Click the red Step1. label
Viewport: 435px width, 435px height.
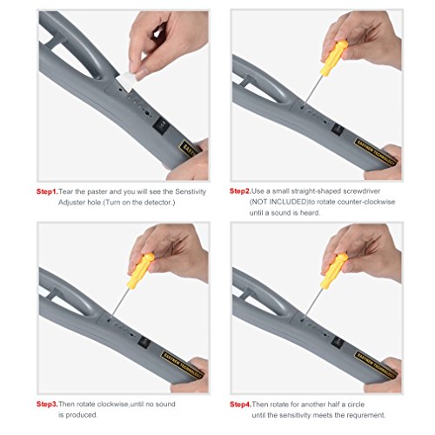pyautogui.click(x=47, y=191)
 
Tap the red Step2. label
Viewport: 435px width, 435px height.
pyautogui.click(x=240, y=191)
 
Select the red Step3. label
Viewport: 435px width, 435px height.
pyautogui.click(x=47, y=404)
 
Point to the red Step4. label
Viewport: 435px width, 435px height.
pyautogui.click(x=240, y=405)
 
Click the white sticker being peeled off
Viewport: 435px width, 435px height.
pyautogui.click(x=125, y=82)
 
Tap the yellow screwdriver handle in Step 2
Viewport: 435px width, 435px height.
pyautogui.click(x=334, y=58)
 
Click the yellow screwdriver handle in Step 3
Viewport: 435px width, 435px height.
pyautogui.click(x=140, y=271)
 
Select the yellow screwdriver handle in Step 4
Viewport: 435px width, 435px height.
pyautogui.click(x=334, y=271)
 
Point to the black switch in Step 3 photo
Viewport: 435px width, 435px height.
pyautogui.click(x=144, y=342)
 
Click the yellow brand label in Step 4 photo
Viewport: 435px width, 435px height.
pyautogui.click(x=375, y=365)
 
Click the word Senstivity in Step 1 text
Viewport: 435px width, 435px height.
pyautogui.click(x=191, y=191)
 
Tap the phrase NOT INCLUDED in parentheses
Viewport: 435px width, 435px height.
pyautogui.click(x=278, y=202)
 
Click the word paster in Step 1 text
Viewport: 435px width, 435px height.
pyautogui.click(x=97, y=192)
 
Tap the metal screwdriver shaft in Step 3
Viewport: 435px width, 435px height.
pyautogui.click(x=119, y=304)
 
